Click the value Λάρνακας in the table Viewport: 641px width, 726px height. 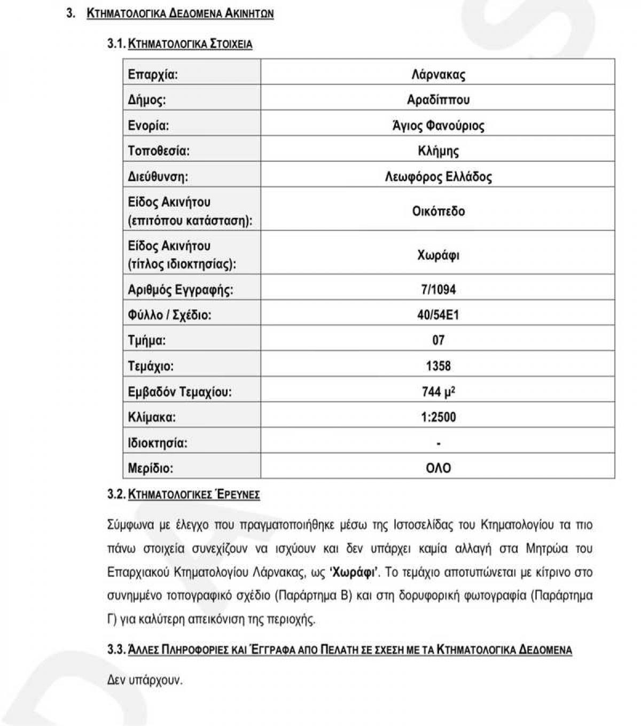tap(438, 74)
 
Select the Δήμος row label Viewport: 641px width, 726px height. tap(147, 100)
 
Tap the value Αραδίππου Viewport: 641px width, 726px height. tap(438, 100)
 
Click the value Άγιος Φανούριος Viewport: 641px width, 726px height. tap(438, 126)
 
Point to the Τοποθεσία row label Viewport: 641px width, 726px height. tap(159, 151)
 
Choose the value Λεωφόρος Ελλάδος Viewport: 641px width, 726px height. tap(438, 177)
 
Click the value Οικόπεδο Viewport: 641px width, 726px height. tap(438, 211)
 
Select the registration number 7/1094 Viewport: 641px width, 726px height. tap(438, 290)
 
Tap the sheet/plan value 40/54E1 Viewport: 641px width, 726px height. tap(438, 315)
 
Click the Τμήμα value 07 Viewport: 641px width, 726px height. tap(438, 340)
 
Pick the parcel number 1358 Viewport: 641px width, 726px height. tap(438, 366)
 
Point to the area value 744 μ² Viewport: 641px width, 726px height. tap(438, 392)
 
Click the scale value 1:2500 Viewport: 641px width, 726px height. tap(438, 417)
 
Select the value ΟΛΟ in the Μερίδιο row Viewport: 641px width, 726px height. tap(438, 469)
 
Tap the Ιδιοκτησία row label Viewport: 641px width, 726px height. tap(158, 443)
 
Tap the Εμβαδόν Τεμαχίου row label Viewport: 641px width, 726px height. tap(179, 392)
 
